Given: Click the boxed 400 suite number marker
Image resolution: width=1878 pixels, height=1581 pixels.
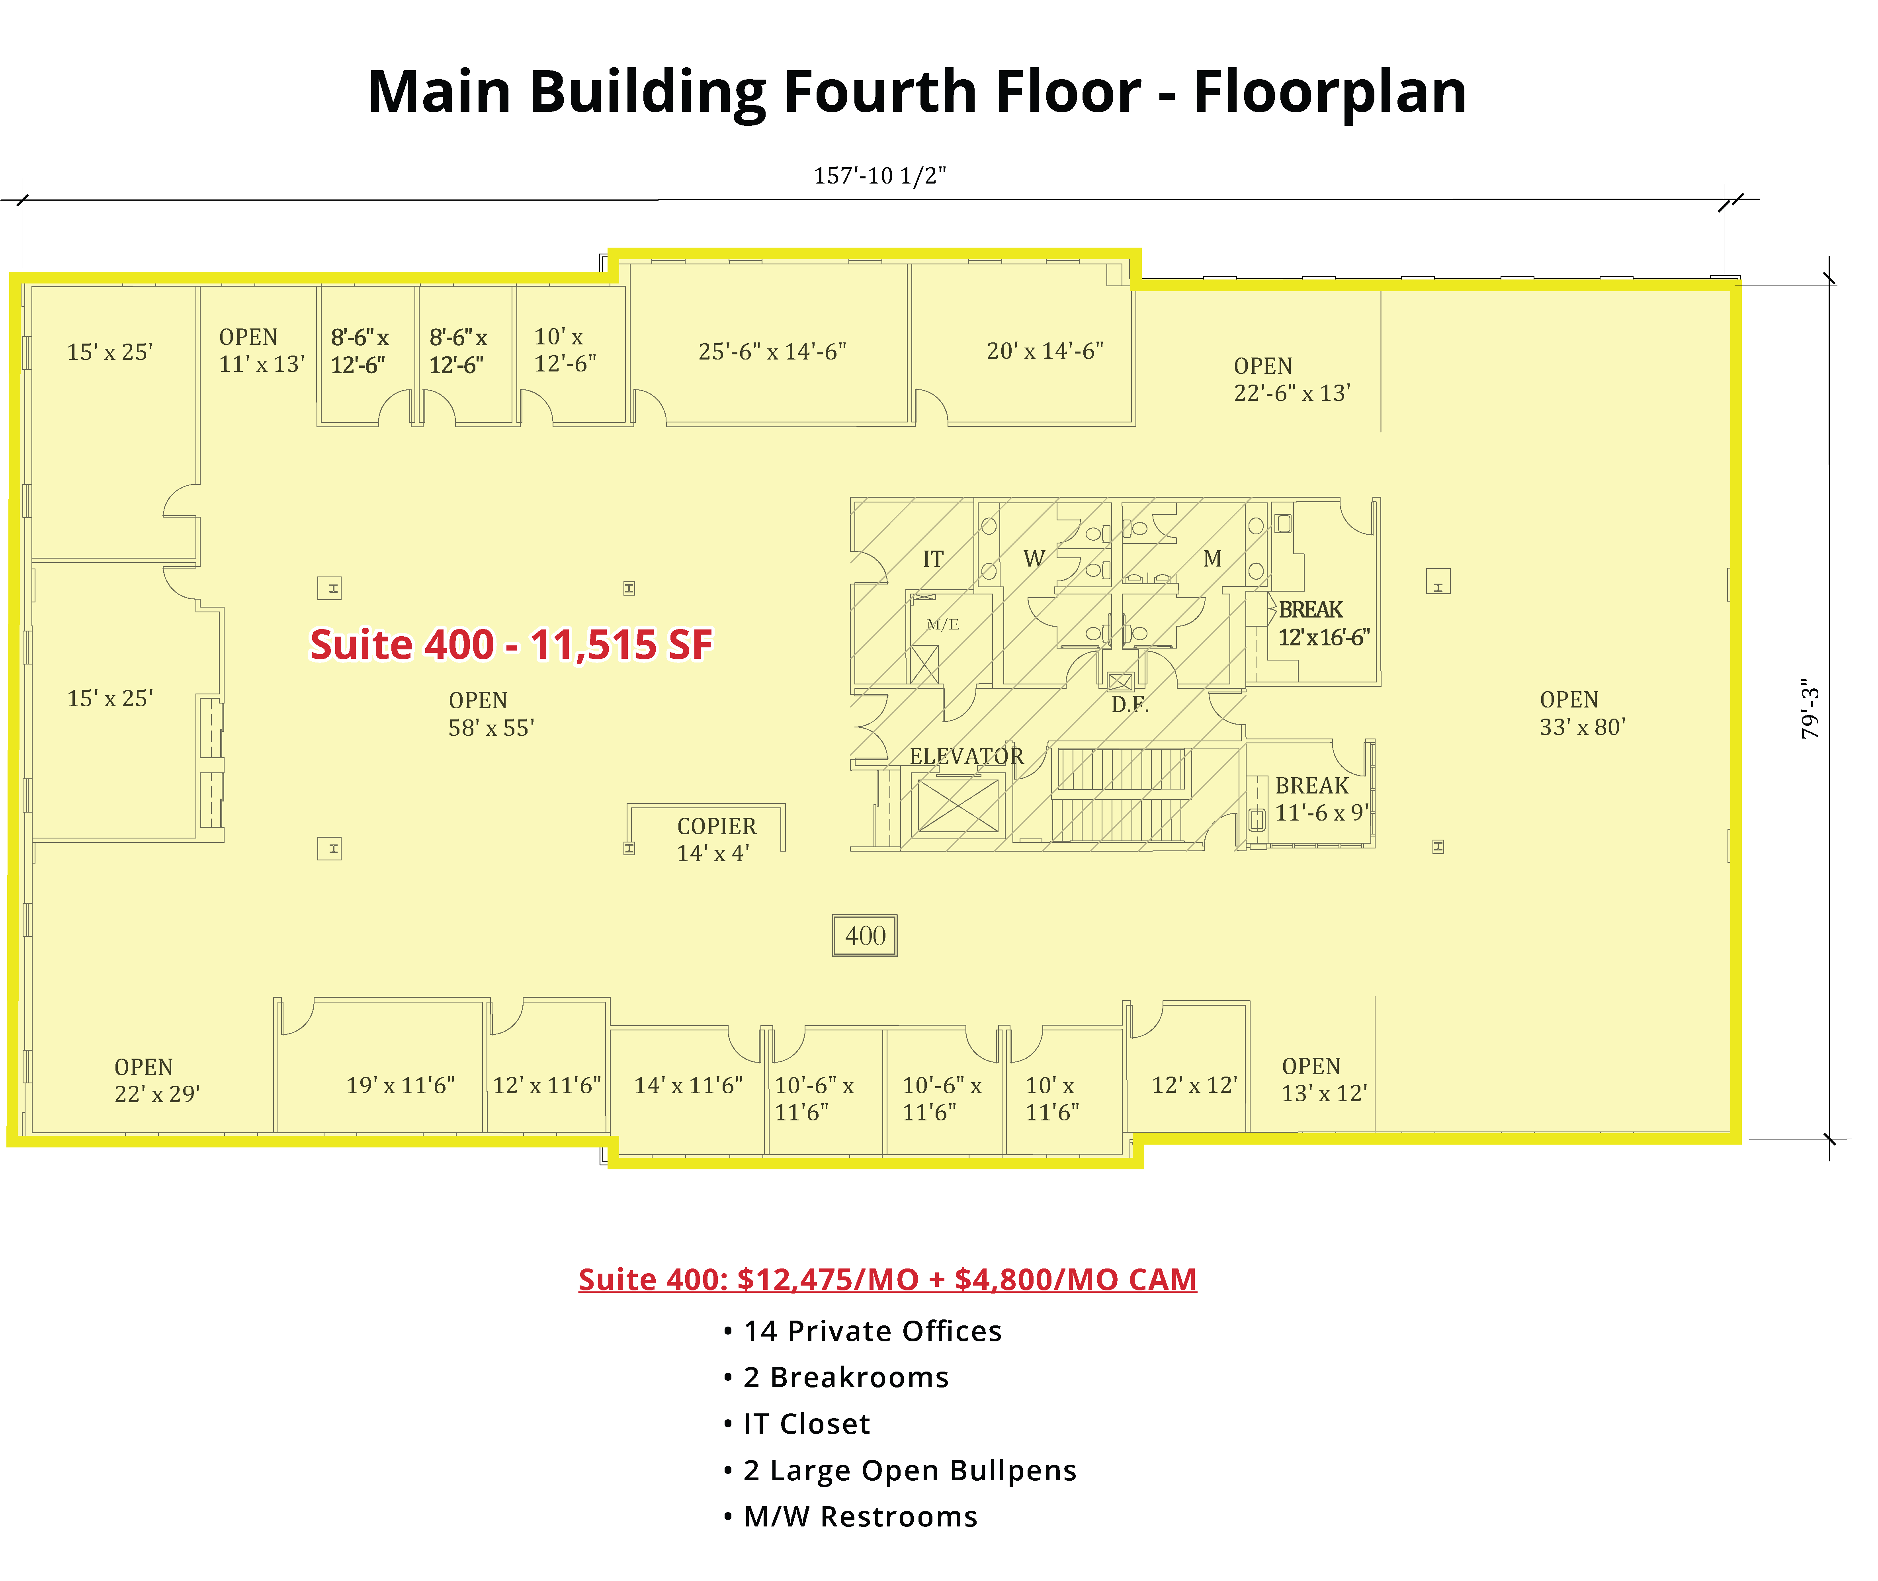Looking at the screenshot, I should pos(864,936).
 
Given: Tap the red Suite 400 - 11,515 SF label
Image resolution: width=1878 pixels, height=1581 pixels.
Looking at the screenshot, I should pos(511,645).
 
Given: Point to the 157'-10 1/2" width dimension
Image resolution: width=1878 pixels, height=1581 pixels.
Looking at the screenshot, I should pos(879,176).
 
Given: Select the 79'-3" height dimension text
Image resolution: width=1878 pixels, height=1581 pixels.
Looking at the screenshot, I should pos(1811,708).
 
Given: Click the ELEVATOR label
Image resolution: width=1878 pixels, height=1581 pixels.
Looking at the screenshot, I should pos(966,756).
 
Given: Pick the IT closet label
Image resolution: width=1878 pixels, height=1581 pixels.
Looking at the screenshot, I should pos(933,559).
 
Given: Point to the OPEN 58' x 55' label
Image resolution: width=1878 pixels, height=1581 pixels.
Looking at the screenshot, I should pos(491,714).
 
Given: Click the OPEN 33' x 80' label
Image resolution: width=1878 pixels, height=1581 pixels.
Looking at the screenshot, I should pos(1582,713).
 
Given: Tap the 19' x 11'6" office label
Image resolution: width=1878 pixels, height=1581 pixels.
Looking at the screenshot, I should pos(401,1085).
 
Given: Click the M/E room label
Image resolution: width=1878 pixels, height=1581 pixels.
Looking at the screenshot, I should pos(943,625).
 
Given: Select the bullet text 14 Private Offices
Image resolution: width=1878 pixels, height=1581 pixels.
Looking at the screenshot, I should pos(872,1331).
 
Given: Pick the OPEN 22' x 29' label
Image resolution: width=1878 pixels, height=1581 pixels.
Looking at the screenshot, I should pos(157,1080).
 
